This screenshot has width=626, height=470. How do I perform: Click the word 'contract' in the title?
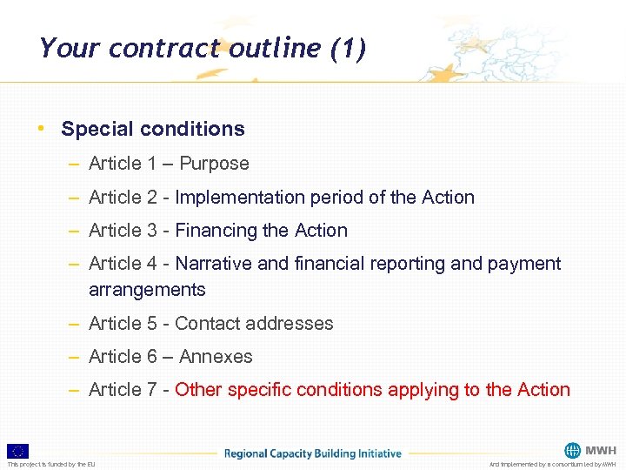(x=165, y=48)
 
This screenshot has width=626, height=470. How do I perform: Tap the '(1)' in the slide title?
(x=348, y=48)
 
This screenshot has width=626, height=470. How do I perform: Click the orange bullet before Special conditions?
(x=41, y=128)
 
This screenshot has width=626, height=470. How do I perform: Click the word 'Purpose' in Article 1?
(x=214, y=164)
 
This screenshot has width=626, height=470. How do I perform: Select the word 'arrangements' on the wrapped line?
(x=147, y=290)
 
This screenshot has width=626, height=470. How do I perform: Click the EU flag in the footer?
(x=17, y=451)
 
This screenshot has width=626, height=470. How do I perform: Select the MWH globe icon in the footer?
(x=572, y=451)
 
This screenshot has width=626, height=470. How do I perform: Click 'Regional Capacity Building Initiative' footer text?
(x=313, y=453)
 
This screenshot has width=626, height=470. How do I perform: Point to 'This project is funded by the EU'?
(x=51, y=465)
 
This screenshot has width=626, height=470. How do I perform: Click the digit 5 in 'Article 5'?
(x=152, y=324)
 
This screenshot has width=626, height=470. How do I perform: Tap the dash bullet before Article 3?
(x=77, y=231)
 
